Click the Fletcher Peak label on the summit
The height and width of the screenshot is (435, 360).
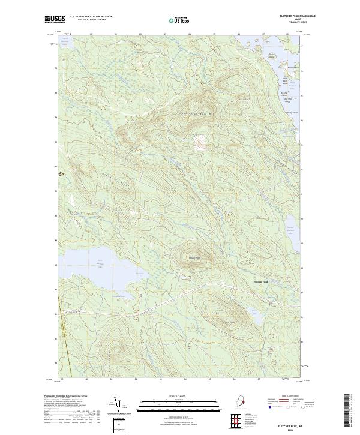194,259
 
